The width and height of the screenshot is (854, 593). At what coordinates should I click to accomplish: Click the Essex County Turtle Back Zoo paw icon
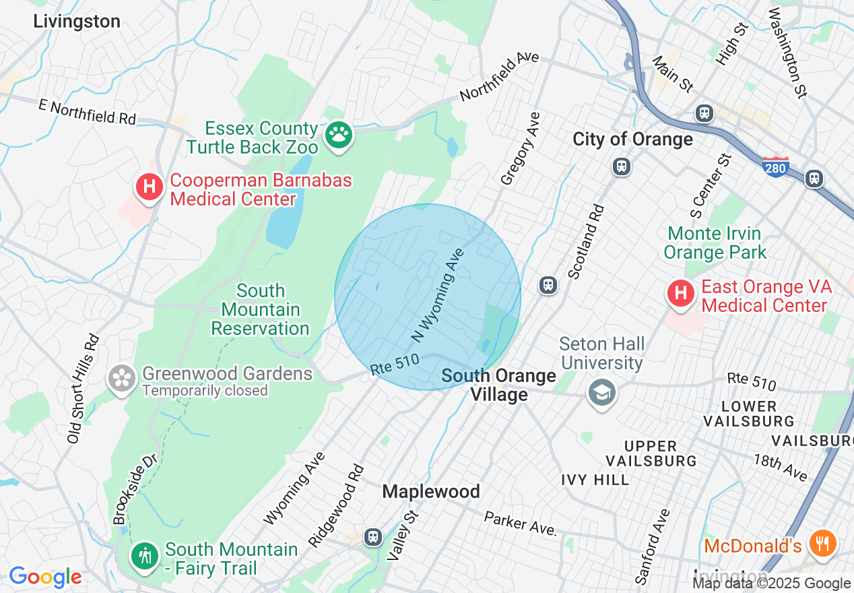(x=339, y=135)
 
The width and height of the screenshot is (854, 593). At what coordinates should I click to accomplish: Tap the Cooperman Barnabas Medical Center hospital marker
(x=150, y=187)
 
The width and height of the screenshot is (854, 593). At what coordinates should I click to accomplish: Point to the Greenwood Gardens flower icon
(x=122, y=378)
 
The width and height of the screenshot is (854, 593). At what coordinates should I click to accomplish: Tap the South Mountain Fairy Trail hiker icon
(x=145, y=555)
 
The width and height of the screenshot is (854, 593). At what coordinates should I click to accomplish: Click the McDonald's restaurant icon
(x=822, y=542)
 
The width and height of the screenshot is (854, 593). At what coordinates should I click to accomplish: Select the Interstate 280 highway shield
(x=776, y=166)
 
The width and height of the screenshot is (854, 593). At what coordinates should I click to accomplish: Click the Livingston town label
(x=77, y=22)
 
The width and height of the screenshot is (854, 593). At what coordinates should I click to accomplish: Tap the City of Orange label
(x=632, y=139)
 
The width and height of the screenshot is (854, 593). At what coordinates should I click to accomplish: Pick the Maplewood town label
(x=431, y=492)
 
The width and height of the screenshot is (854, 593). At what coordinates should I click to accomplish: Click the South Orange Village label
(x=499, y=385)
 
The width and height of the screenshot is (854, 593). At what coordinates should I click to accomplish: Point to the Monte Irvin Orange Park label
(x=715, y=243)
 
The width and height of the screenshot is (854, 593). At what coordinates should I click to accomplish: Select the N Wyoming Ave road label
(x=438, y=294)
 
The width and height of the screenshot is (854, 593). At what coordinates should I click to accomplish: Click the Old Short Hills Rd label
(x=84, y=389)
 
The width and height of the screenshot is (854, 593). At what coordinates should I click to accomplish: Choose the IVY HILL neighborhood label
(x=595, y=480)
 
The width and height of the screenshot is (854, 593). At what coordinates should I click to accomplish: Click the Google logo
(x=45, y=577)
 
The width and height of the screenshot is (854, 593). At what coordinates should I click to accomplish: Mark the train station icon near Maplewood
(x=372, y=536)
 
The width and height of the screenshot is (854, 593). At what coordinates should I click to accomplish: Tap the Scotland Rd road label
(x=587, y=241)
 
